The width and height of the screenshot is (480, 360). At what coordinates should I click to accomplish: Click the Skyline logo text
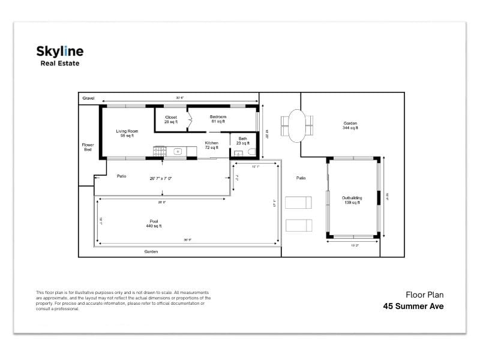60,52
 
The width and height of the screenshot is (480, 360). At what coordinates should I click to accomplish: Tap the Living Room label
127,133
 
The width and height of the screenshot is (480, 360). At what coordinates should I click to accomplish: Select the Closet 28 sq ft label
171,119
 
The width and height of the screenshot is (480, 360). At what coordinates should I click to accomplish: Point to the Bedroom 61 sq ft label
218,119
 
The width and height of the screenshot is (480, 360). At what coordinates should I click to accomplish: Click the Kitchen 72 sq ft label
211,145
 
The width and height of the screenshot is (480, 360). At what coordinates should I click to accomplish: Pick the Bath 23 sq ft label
242,141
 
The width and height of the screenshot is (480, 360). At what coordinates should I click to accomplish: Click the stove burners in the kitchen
159,152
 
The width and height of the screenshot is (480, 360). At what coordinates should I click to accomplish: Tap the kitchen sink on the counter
178,152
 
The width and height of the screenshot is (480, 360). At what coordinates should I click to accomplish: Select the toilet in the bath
251,152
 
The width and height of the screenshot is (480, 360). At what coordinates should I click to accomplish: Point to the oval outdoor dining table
297,125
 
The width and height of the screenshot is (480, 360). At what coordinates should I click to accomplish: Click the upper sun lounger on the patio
298,202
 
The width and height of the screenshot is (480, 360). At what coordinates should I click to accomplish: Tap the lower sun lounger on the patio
298,225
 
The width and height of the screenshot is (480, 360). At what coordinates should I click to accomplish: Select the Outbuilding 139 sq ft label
351,200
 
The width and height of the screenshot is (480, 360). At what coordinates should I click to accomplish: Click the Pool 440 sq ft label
154,223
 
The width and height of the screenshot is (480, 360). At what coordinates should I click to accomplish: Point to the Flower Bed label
88,147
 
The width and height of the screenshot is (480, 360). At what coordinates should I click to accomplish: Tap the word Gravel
89,97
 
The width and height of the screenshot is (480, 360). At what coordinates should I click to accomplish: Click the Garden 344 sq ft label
350,125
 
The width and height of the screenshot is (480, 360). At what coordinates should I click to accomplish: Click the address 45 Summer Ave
414,306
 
